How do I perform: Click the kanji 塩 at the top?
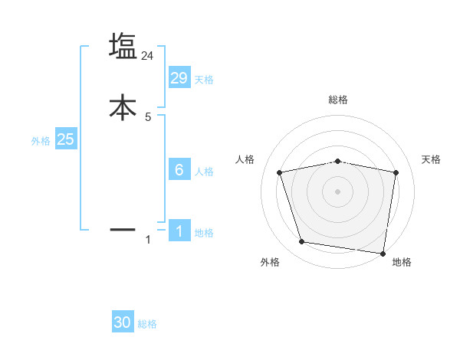tap(123, 46)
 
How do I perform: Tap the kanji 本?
tap(123, 107)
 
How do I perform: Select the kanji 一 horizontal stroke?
tap(123, 228)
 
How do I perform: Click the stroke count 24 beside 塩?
tap(148, 56)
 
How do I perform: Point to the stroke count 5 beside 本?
tap(148, 117)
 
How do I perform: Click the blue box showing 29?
tap(179, 78)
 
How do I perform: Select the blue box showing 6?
tap(179, 170)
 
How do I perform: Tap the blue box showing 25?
tap(65, 139)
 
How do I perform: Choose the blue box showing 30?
tap(123, 322)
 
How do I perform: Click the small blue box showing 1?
tap(179, 232)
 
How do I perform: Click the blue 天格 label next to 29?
tap(204, 80)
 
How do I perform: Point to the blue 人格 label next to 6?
tap(204, 172)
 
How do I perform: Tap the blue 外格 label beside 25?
tap(41, 141)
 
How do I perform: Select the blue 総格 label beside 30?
tap(147, 324)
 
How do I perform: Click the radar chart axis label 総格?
tap(338, 100)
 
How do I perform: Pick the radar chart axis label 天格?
tap(432, 159)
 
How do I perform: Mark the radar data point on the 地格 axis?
tap(383, 253)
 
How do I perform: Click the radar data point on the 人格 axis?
tap(279, 172)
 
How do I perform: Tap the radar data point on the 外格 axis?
tap(301, 242)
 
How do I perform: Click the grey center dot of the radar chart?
tap(338, 191)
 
